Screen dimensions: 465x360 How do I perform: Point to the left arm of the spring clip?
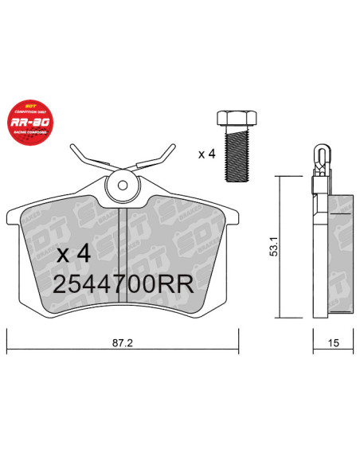[85, 158]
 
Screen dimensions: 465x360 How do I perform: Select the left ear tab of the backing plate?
[14, 219]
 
